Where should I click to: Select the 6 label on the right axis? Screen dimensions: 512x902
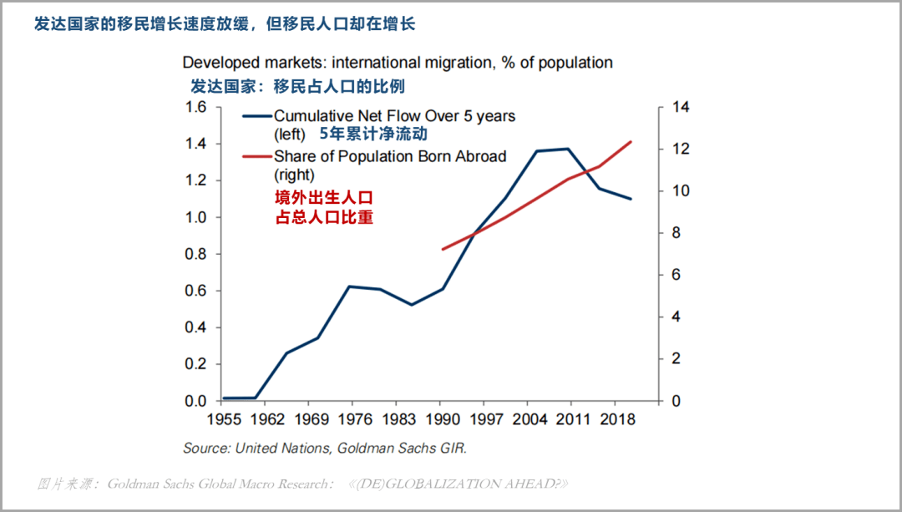pos(677,275)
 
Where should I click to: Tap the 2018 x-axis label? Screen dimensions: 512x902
pos(619,418)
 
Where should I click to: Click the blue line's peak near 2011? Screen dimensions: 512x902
pos(568,149)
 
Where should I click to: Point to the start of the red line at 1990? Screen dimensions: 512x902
pos(443,249)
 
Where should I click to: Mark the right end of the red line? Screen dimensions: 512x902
pos(631,142)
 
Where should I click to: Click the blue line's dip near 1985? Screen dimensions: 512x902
pos(411,304)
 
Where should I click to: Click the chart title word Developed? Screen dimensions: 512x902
pos(217,63)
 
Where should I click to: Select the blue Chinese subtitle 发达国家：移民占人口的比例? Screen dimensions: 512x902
pos(298,86)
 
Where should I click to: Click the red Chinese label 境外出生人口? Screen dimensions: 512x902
pos(322,198)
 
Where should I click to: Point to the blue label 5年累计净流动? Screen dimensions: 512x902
pos(373,134)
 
